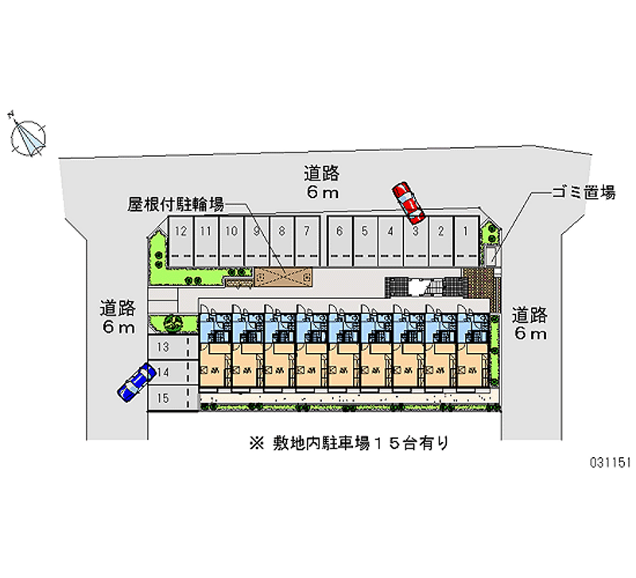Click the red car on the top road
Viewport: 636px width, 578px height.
tap(409, 204)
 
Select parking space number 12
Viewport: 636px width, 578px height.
tap(181, 239)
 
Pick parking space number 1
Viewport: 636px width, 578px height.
tap(464, 239)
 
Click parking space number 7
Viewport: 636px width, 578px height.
tap(307, 239)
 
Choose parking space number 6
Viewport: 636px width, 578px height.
tap(339, 239)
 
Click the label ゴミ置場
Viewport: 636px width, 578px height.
tap(584, 193)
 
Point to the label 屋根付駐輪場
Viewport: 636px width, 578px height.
tap(176, 204)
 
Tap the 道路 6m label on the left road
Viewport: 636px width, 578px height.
tap(118, 316)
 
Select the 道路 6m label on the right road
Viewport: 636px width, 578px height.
tap(529, 324)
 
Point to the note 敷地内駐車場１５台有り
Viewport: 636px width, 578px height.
tap(348, 443)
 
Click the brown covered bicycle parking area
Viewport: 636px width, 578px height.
tap(283, 277)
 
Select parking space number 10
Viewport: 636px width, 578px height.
tap(231, 239)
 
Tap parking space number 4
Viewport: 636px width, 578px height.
tap(390, 239)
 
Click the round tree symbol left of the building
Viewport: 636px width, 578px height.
tap(173, 324)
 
